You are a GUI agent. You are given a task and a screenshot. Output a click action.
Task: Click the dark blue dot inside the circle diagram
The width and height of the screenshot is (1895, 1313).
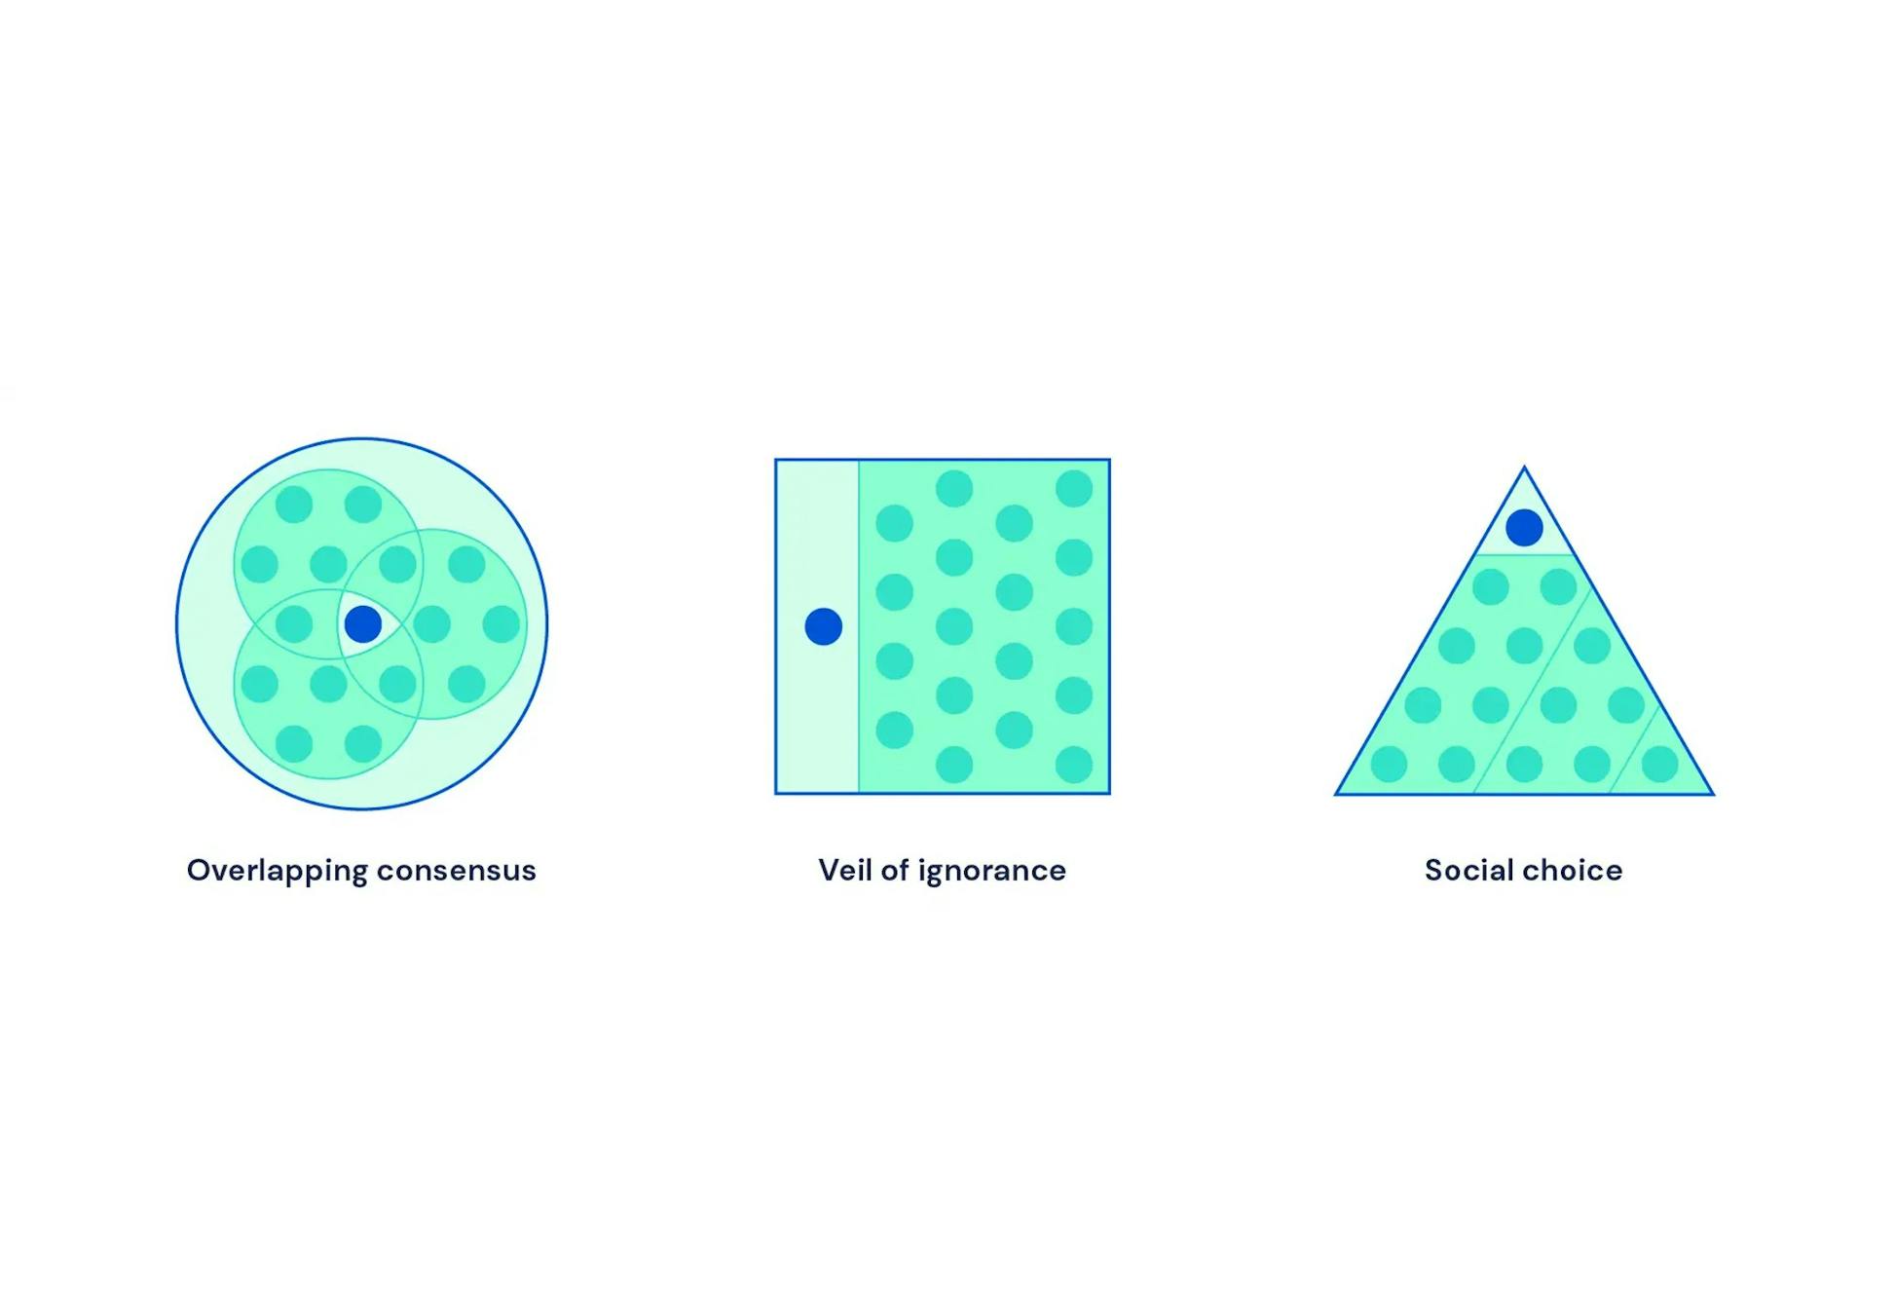click(363, 624)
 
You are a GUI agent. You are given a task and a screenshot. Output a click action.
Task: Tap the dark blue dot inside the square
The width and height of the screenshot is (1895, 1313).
click(824, 626)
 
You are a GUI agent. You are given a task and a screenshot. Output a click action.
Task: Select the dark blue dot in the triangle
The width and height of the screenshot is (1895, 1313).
click(1524, 528)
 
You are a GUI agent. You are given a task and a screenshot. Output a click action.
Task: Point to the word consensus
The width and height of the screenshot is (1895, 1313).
click(456, 870)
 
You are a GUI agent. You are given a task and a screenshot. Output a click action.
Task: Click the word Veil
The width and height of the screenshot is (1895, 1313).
click(844, 870)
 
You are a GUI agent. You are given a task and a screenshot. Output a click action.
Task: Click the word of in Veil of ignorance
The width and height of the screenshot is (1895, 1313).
click(894, 870)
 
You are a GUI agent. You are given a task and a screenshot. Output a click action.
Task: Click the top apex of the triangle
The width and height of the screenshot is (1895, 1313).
click(1524, 469)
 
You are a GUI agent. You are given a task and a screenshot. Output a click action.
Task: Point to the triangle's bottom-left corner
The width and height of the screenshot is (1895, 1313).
click(1337, 794)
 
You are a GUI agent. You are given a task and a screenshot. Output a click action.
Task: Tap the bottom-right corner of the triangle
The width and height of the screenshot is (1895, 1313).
click(1712, 794)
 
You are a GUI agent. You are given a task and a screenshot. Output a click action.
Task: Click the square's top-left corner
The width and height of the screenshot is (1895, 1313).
click(776, 460)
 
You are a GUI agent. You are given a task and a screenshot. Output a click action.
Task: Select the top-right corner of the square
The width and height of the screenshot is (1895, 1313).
click(1109, 460)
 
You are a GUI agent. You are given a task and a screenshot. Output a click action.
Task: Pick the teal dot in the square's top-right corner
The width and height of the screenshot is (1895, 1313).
click(1074, 489)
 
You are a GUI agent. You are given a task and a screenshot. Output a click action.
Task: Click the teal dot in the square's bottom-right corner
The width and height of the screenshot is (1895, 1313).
click(1074, 765)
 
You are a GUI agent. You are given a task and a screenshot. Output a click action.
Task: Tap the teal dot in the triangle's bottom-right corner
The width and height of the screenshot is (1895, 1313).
click(1660, 765)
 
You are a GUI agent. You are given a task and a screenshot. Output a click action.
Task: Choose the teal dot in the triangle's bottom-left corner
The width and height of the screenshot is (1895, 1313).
click(1389, 765)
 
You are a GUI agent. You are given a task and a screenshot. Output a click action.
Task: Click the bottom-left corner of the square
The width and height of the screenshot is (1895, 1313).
click(776, 793)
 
